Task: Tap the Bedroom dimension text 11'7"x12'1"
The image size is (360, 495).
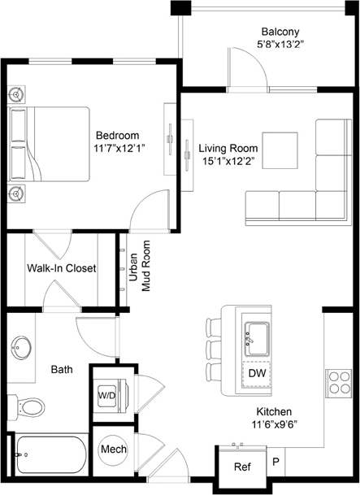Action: coord(119,149)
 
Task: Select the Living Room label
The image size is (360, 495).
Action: coord(228,149)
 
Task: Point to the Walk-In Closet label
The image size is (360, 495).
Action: coord(62,268)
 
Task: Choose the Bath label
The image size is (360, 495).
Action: coord(62,369)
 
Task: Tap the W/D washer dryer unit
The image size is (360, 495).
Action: coord(107,394)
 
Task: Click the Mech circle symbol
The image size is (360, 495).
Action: coord(111,449)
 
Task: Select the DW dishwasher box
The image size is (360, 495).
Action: coord(257,372)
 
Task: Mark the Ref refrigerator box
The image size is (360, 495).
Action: coord(242,467)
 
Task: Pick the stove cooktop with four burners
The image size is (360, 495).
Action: coord(338,382)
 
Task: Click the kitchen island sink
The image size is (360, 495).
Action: coord(258,333)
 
